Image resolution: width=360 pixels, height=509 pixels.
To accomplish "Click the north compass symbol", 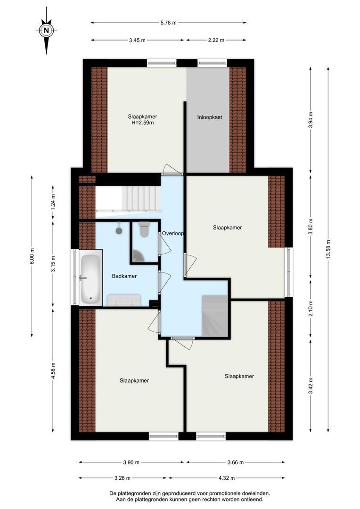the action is click(47, 30).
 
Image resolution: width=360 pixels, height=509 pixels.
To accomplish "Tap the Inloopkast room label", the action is click(210, 117).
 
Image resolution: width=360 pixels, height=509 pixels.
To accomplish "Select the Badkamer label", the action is click(124, 276).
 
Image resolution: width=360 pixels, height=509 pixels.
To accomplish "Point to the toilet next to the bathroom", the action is click(144, 229).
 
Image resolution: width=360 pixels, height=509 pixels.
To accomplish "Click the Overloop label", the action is click(173, 233).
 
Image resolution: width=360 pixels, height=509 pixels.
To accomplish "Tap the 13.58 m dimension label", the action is click(328, 249).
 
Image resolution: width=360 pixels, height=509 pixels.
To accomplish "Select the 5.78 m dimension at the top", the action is click(169, 23).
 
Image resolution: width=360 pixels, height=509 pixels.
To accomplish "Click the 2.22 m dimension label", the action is click(216, 40).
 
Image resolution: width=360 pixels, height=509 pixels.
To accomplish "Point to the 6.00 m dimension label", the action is click(32, 256).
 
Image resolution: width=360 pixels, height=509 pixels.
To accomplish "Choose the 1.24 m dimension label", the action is click(53, 200).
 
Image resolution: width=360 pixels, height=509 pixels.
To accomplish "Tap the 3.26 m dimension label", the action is click(123, 478).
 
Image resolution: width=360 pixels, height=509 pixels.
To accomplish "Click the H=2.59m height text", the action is click(142, 123).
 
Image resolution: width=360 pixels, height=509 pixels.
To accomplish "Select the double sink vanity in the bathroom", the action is click(123, 300).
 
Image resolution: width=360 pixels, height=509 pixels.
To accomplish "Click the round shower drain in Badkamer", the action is click(119, 230).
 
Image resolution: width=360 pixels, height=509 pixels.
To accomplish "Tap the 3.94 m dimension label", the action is click(311, 120).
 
